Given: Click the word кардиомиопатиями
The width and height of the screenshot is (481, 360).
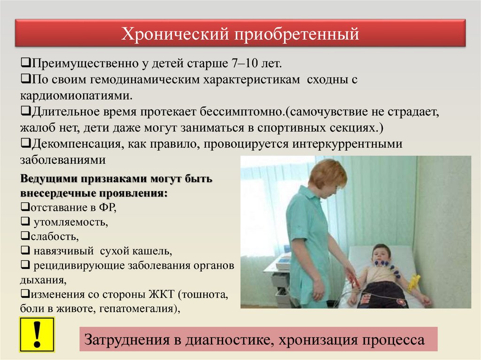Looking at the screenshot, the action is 77,96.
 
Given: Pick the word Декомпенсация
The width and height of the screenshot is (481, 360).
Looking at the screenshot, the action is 77,144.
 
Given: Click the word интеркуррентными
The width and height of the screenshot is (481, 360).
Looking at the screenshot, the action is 347,144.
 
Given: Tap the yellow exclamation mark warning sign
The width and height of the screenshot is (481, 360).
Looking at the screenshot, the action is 37,335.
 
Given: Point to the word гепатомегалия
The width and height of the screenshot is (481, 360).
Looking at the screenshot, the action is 140,308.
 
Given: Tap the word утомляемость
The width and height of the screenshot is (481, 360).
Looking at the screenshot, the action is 71,222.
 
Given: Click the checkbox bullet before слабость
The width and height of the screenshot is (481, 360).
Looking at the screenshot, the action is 25,236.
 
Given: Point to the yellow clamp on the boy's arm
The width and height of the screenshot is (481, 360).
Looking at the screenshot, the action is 414,282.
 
